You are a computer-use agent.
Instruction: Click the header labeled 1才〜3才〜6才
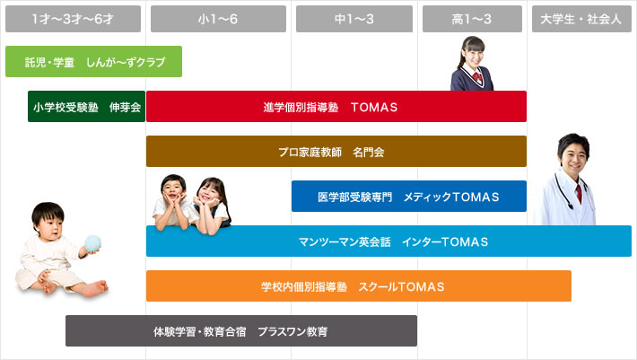tap(74, 19)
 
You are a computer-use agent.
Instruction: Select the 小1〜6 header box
tap(218, 19)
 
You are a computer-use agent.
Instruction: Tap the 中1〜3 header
tap(354, 19)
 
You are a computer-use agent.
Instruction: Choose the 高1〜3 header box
tap(472, 19)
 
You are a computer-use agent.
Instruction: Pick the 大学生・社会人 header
tap(581, 19)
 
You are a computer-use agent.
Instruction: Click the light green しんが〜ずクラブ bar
tap(93, 61)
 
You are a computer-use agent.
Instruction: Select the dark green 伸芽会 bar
tap(86, 107)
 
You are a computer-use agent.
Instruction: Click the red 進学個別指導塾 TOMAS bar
tap(336, 107)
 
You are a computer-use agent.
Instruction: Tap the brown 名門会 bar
tap(336, 151)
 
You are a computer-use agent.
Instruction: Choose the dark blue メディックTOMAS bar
tap(409, 197)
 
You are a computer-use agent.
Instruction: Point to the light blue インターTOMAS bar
tap(388, 241)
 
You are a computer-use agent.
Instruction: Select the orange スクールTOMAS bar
tap(359, 286)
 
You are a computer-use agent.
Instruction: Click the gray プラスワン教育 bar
tap(241, 330)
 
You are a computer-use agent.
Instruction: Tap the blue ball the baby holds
tap(92, 243)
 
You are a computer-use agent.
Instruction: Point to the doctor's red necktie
tap(579, 193)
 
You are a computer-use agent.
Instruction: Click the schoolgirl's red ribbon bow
tap(477, 77)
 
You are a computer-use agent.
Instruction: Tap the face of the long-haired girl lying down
tap(209, 194)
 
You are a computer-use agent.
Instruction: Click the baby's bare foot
tap(96, 287)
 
